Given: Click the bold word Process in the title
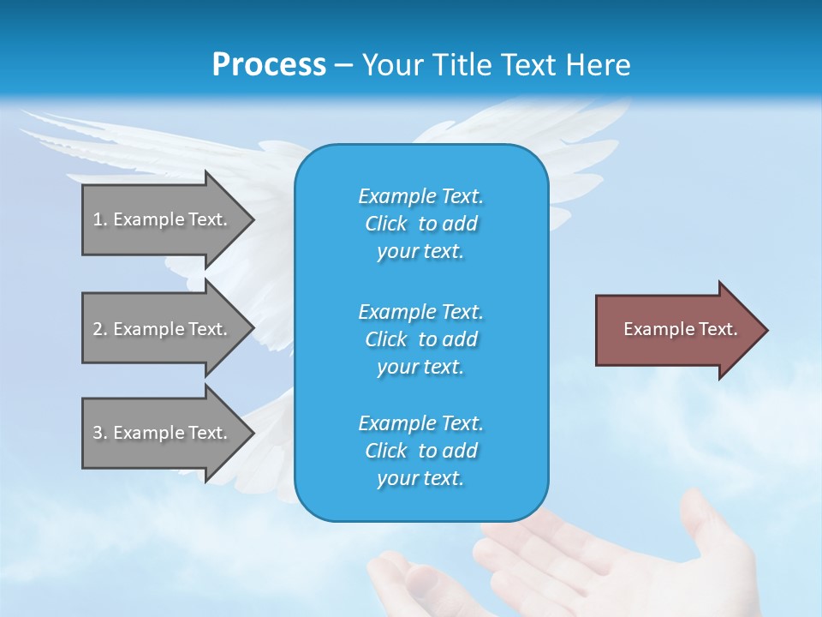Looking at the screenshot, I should (x=269, y=65).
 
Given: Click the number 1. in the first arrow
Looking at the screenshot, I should (x=100, y=219).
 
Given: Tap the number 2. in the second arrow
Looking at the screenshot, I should (x=100, y=329).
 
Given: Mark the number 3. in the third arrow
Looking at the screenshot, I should (x=100, y=433).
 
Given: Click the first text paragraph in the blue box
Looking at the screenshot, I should (x=420, y=224).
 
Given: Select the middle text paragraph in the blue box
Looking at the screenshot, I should (x=420, y=338).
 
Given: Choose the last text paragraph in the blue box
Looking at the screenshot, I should (x=420, y=451).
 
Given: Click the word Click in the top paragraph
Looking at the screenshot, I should (x=386, y=224).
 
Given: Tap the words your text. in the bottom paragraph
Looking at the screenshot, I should (x=420, y=478).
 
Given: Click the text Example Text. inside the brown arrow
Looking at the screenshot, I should (x=680, y=329).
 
